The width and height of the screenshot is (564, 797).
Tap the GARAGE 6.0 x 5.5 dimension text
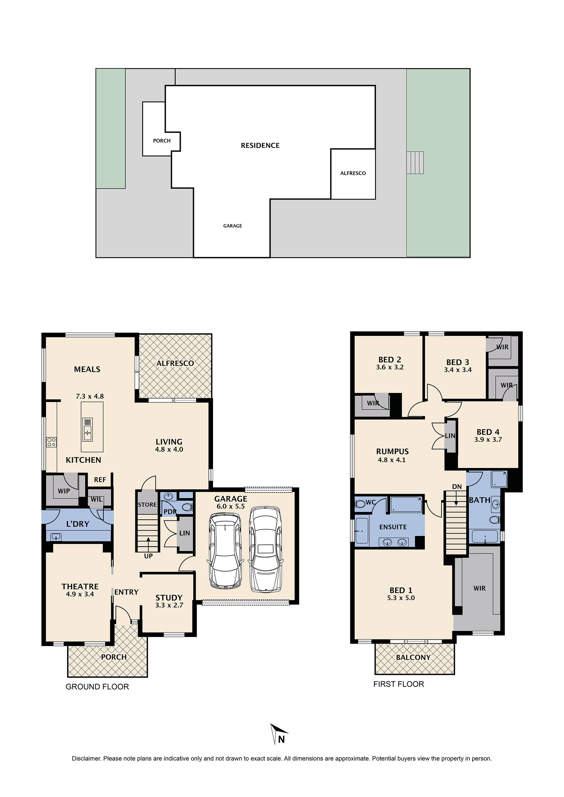click(x=230, y=506)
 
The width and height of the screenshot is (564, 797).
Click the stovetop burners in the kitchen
click(x=51, y=442)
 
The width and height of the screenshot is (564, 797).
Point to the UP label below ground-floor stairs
click(x=148, y=556)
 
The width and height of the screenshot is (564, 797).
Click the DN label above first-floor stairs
click(x=457, y=487)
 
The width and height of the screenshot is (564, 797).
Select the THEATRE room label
click(x=80, y=586)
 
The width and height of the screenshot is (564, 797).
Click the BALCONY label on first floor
click(x=413, y=657)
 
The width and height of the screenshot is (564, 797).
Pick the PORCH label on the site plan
click(x=162, y=141)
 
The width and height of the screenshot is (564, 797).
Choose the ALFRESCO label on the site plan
click(x=353, y=173)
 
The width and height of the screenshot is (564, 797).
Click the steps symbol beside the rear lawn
click(x=415, y=163)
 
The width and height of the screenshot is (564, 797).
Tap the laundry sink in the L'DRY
click(x=56, y=537)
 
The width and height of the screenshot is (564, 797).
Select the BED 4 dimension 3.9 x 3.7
click(x=488, y=440)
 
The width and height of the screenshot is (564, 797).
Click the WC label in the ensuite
click(x=371, y=502)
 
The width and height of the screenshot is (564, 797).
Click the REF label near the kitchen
click(x=100, y=480)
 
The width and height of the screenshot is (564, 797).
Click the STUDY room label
click(x=169, y=598)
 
